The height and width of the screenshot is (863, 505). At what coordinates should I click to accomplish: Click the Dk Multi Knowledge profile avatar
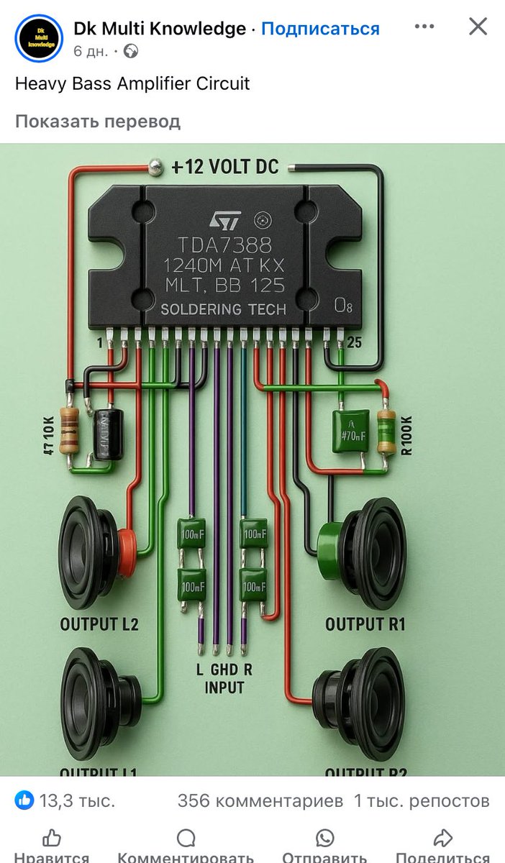(x=38, y=39)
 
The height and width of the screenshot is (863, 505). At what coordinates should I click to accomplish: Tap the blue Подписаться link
(x=320, y=29)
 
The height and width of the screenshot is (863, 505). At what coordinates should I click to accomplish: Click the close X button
(x=478, y=27)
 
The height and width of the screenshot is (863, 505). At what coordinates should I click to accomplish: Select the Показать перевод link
(x=98, y=121)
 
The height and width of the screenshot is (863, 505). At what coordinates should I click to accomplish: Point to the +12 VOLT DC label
(x=225, y=167)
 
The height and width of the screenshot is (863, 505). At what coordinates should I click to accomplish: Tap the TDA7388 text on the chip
(x=225, y=245)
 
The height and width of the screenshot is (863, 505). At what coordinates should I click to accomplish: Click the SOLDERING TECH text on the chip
(x=223, y=309)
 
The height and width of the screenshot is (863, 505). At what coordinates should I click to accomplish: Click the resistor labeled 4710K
(x=69, y=429)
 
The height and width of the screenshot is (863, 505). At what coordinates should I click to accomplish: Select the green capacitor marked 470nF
(x=350, y=431)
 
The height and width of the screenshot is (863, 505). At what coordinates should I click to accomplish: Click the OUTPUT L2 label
(x=99, y=624)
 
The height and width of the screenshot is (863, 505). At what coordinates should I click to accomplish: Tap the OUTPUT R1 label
(x=365, y=624)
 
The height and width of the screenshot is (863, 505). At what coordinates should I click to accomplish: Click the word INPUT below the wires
(x=224, y=688)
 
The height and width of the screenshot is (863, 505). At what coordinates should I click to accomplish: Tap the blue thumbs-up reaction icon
(x=24, y=800)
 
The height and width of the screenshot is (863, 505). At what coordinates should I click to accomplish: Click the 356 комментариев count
(x=260, y=800)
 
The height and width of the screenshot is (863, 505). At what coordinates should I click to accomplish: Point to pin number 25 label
(x=354, y=343)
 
